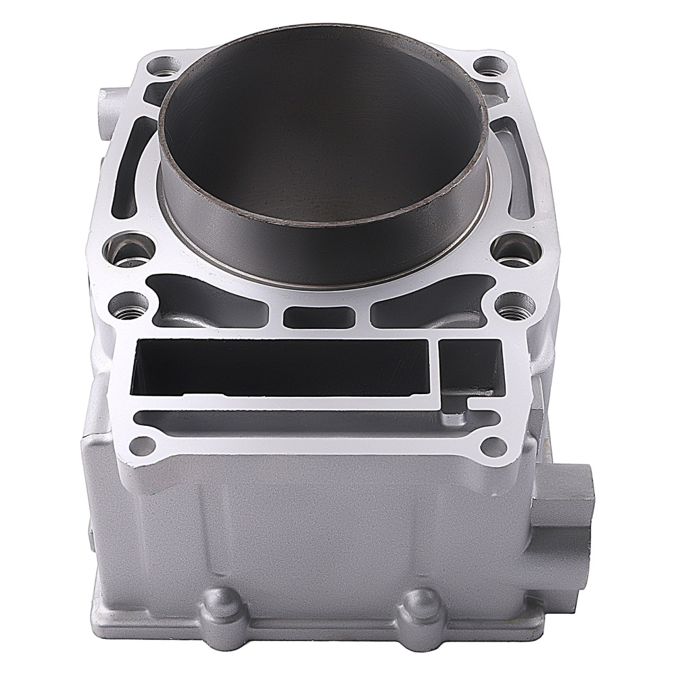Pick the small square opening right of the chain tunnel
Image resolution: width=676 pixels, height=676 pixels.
coord(471,368)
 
